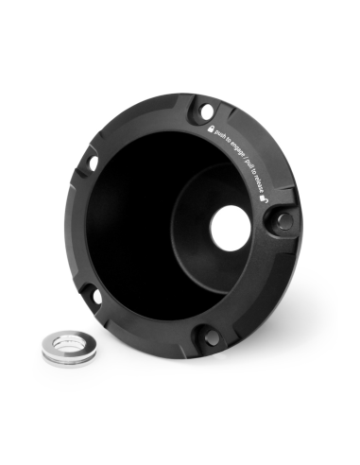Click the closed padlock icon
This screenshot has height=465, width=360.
tap(211, 129)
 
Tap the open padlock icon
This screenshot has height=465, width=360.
tap(264, 198)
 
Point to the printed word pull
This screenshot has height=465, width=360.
tap(251, 166)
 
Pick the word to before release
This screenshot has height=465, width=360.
tap(255, 174)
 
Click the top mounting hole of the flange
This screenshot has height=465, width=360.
tap(206, 112)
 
